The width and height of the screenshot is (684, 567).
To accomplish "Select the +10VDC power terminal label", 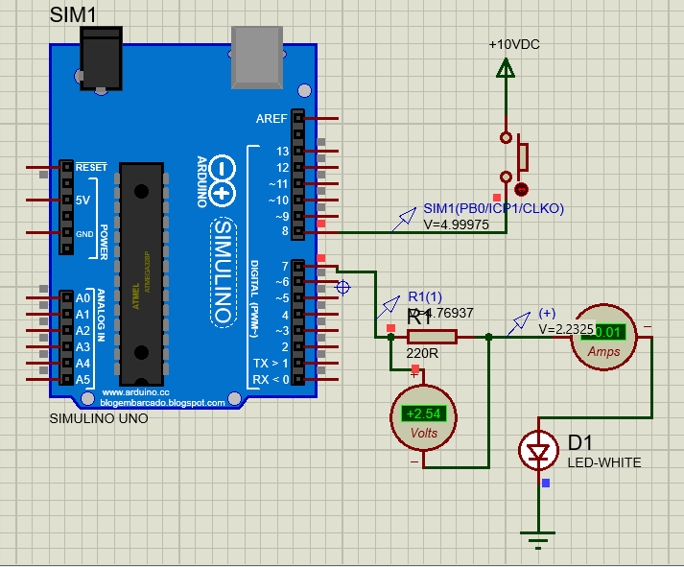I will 514,45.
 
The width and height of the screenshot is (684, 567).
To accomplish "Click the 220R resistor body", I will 432,337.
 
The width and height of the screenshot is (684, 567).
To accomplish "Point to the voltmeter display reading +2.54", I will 423,414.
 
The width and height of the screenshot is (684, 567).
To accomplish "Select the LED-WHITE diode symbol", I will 537,450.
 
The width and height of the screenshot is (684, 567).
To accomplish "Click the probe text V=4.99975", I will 457,224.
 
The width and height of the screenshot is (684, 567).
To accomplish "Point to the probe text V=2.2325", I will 566,328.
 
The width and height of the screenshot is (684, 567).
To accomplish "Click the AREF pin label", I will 271,119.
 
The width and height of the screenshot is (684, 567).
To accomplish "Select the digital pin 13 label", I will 281,152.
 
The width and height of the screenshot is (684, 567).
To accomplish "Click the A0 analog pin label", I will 83,296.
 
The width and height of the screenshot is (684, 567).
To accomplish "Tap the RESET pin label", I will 91,167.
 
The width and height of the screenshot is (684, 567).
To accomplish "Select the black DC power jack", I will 102,59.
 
